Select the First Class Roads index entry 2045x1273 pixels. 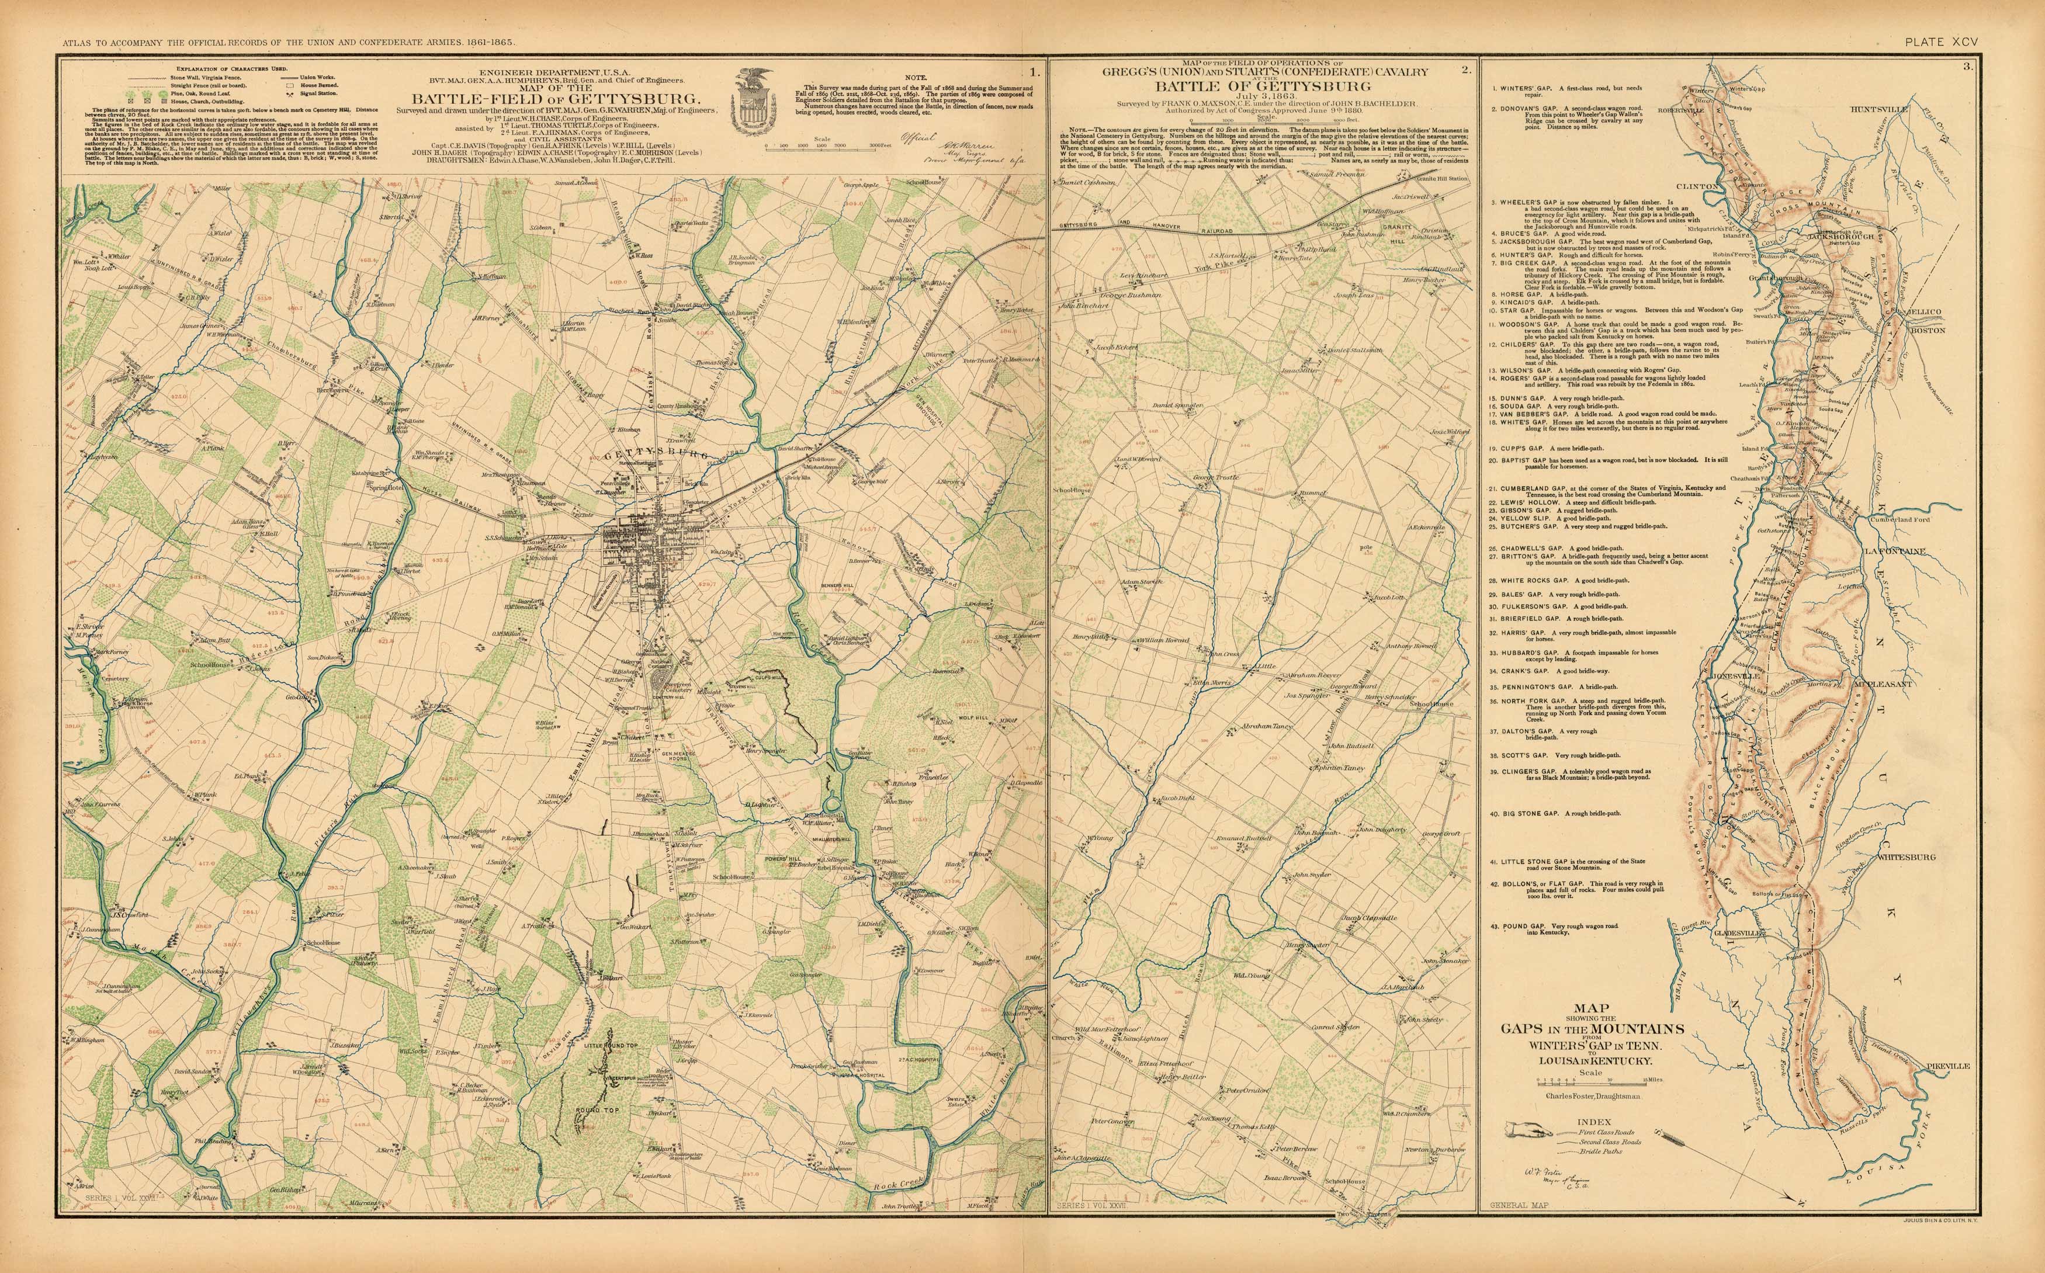click(x=1604, y=1132)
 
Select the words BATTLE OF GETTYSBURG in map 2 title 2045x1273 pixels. click(x=1262, y=86)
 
